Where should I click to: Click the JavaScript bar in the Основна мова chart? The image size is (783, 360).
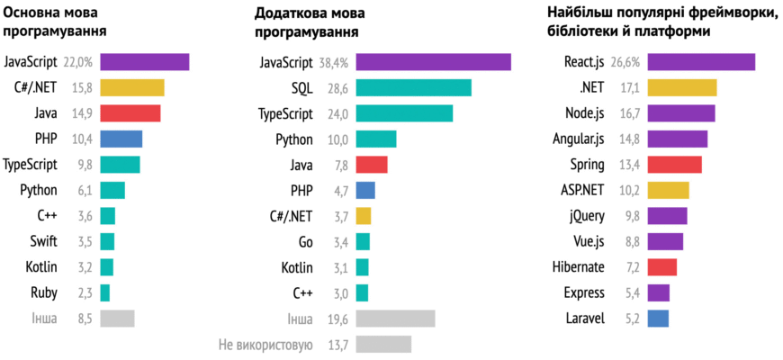pos(144,62)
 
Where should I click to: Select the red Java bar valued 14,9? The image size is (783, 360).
pos(130,113)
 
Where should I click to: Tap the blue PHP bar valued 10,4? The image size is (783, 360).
pos(121,139)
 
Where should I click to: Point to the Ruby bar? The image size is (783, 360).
pos(104,292)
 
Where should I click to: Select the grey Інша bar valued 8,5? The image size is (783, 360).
pos(117,319)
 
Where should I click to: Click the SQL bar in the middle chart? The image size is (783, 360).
pos(413,87)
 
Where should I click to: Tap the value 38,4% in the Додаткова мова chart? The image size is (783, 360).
pos(334,62)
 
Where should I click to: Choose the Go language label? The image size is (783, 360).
pos(305,241)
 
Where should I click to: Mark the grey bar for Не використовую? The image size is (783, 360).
pos(383,345)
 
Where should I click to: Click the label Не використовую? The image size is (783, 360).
pos(265,345)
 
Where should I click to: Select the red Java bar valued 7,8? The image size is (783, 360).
pos(372,165)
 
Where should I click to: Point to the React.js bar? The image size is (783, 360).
pos(701,62)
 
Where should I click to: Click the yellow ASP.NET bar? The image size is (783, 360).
pos(668,190)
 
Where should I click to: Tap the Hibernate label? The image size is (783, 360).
pos(578,267)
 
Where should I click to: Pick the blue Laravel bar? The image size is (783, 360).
pos(658,319)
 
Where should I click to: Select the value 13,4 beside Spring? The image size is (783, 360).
pos(626,165)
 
